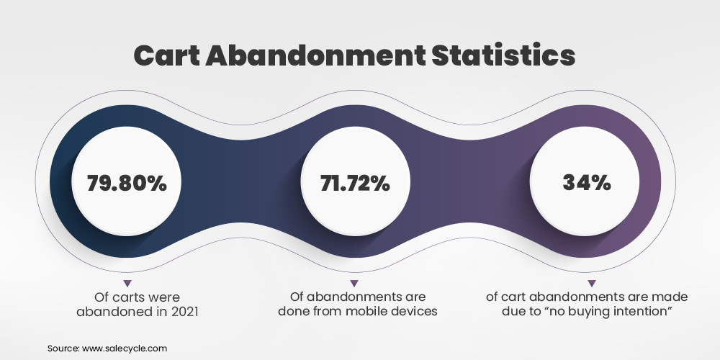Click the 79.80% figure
[127, 184]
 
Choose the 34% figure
[588, 182]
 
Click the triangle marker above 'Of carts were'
[127, 282]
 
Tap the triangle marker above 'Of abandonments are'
[354, 282]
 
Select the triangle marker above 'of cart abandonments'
[592, 282]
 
